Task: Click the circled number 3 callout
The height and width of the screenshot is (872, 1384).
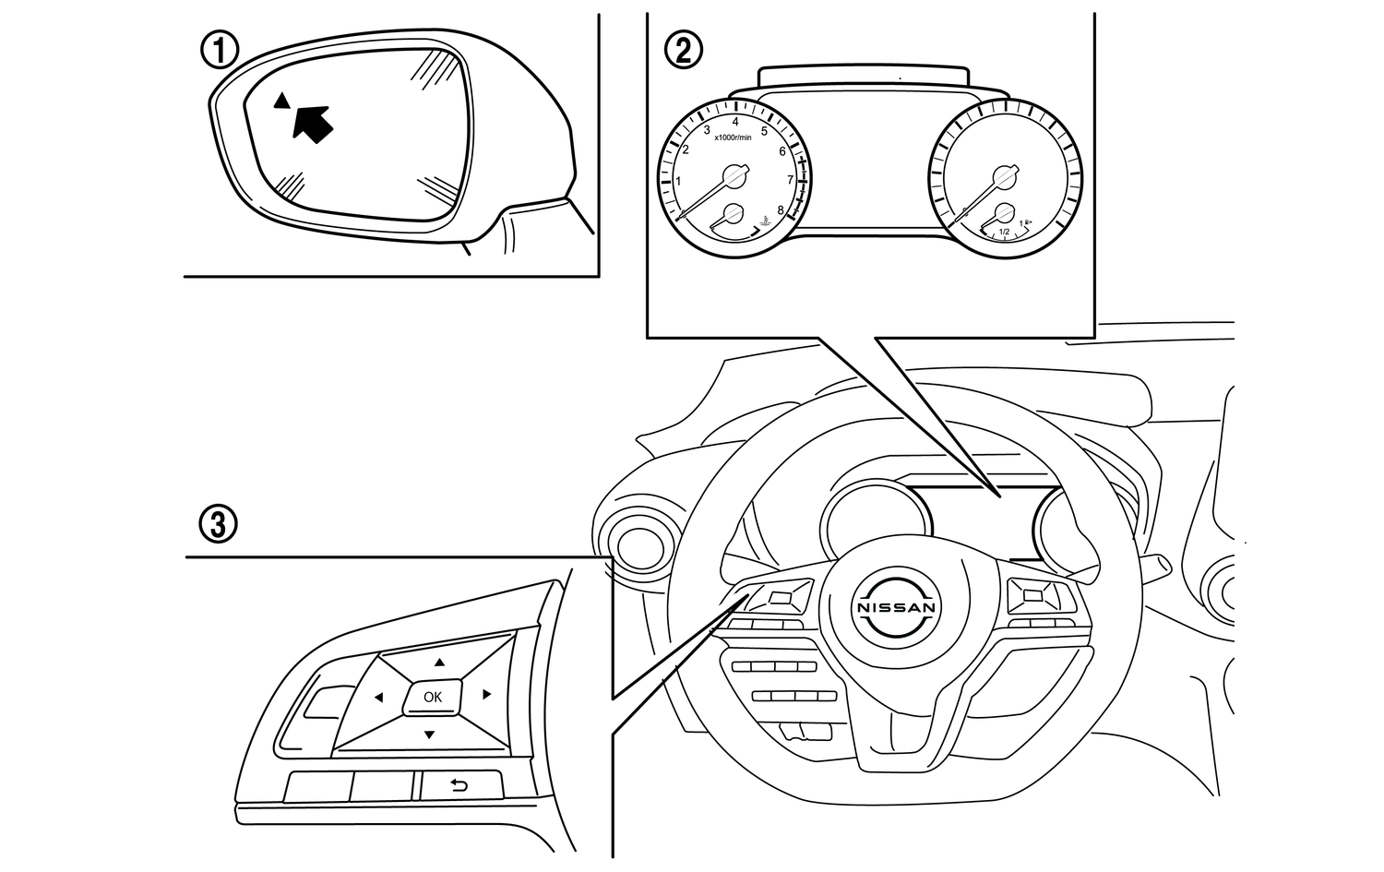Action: (x=220, y=525)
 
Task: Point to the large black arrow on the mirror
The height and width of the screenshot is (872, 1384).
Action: (x=312, y=122)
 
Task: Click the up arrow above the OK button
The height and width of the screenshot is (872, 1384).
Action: (x=440, y=662)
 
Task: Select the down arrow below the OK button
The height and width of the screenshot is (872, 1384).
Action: (x=429, y=735)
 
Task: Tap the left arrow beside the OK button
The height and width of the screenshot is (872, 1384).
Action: (x=378, y=698)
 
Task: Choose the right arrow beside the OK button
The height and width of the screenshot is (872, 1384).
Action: (x=486, y=694)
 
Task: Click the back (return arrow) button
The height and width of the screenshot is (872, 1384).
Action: (x=459, y=785)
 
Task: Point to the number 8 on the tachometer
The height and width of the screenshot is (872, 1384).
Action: (x=781, y=210)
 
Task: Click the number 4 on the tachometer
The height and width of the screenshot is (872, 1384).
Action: (x=735, y=121)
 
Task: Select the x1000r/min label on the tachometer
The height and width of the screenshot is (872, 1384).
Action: (x=733, y=137)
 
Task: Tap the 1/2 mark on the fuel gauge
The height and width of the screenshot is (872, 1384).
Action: (x=1005, y=232)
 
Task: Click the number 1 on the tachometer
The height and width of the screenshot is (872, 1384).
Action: (x=679, y=182)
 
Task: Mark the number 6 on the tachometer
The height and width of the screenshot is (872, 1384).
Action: (x=782, y=151)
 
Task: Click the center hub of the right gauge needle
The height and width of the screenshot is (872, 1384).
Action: (x=1003, y=174)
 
